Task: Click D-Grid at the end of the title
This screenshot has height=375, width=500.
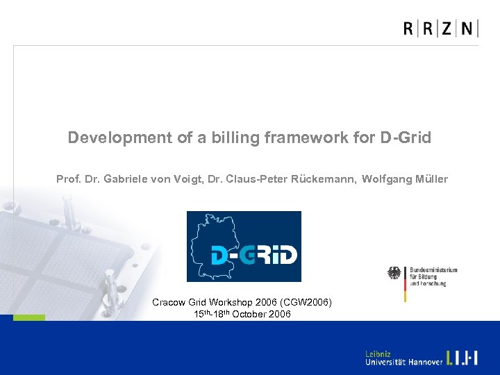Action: [406, 137]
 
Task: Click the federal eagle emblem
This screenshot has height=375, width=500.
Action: [394, 274]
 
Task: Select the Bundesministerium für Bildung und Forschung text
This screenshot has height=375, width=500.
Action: [433, 276]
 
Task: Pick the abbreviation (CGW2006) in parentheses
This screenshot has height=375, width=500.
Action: [308, 302]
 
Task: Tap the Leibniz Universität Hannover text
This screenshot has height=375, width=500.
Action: [403, 358]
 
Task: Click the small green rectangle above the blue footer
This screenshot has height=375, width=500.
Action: [29, 317]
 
